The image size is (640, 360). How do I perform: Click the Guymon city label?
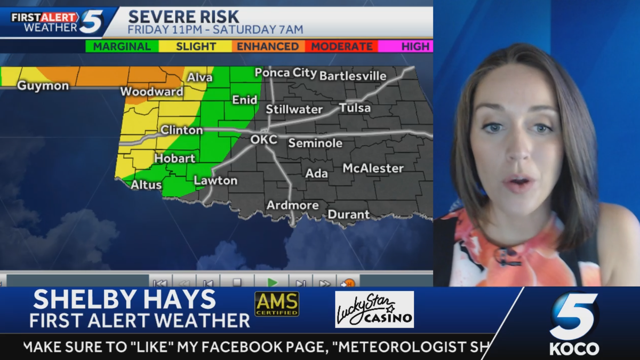click(x=43, y=86)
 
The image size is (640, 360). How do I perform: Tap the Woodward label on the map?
click(x=151, y=92)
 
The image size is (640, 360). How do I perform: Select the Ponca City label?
click(x=285, y=73)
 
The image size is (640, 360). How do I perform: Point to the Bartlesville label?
click(x=353, y=76)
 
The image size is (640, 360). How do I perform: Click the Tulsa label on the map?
click(x=355, y=108)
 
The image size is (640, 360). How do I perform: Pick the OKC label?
click(x=264, y=140)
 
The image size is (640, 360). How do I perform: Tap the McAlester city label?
click(x=373, y=169)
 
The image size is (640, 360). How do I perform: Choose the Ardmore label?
click(x=292, y=205)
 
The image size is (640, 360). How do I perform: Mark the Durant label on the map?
click(x=348, y=214)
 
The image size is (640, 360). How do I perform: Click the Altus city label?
click(x=146, y=185)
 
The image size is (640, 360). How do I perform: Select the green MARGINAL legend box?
click(x=122, y=46)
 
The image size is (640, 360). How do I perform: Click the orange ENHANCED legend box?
click(x=268, y=46)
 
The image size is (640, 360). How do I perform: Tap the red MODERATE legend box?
click(x=341, y=46)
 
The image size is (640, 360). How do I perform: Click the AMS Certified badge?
click(x=277, y=304)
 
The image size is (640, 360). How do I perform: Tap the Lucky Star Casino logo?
click(x=374, y=309)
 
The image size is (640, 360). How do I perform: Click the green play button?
click(x=272, y=282)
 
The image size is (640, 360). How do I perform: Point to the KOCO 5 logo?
click(x=574, y=323)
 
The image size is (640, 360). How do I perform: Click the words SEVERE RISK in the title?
click(x=183, y=17)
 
